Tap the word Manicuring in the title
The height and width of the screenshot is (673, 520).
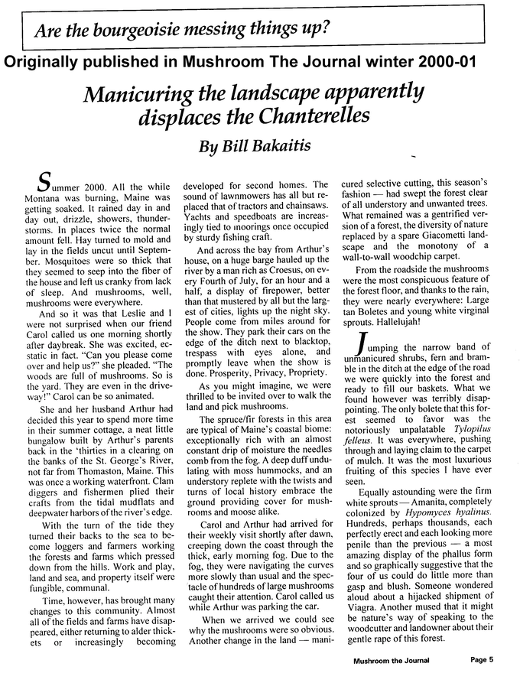144,95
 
